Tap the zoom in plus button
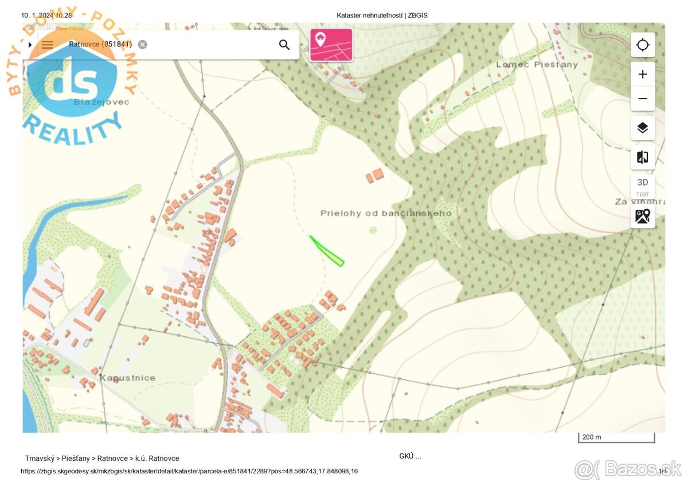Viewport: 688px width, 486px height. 643,75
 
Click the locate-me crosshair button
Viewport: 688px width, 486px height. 643,45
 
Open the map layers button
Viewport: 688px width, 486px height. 643,128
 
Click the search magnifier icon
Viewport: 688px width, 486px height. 284,45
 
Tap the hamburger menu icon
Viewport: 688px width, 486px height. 48,45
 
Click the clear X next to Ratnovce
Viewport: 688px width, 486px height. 142,45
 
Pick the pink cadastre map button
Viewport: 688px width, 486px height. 331,45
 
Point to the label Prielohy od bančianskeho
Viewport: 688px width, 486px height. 386,213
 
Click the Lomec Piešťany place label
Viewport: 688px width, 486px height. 537,65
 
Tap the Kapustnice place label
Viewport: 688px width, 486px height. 127,378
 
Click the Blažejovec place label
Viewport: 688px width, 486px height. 101,102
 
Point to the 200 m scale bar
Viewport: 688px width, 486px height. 616,438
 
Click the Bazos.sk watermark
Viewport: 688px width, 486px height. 628,469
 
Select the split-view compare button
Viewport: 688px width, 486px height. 643,157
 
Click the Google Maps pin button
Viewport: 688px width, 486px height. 643,216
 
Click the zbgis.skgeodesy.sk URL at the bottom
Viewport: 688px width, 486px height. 189,471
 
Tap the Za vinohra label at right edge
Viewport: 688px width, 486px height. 639,202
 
